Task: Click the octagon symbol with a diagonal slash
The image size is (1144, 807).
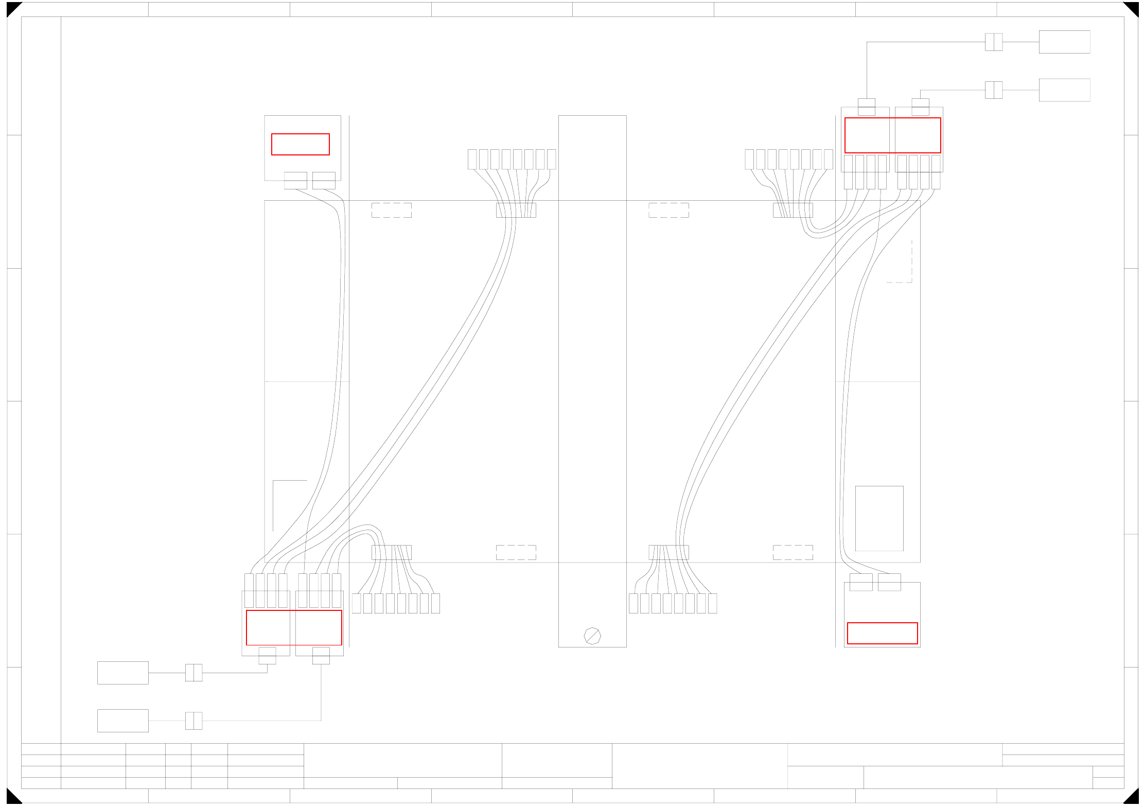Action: click(592, 636)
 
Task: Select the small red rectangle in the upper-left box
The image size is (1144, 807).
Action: click(301, 144)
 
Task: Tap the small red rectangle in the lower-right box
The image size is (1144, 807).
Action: click(882, 633)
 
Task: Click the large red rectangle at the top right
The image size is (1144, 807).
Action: click(892, 135)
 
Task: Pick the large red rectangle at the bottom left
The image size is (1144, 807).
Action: click(294, 627)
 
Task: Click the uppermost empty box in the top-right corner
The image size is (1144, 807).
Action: click(1064, 42)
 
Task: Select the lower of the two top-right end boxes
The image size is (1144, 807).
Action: click(1064, 90)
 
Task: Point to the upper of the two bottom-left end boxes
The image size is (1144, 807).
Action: click(123, 673)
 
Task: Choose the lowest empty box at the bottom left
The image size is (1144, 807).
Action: click(123, 721)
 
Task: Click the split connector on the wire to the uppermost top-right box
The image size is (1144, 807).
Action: click(994, 42)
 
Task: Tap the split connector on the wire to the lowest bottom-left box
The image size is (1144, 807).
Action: click(194, 721)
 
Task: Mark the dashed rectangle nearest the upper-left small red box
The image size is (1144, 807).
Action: click(392, 210)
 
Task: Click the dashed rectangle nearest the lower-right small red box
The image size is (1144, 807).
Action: click(793, 552)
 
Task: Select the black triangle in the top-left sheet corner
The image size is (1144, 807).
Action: click(12, 7)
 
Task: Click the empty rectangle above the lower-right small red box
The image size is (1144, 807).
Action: click(879, 518)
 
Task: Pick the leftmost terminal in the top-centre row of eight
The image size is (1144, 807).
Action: click(472, 159)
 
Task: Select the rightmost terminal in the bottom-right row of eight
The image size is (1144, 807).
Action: click(713, 603)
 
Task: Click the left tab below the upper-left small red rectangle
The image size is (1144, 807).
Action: click(295, 181)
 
